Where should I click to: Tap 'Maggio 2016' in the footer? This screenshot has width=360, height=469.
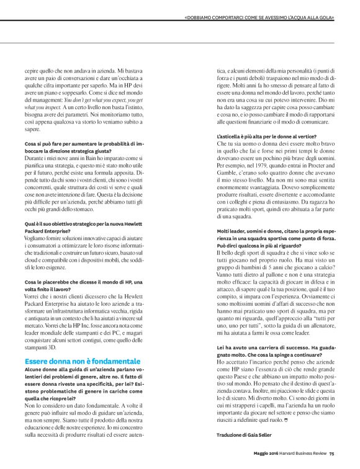click(266, 453)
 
